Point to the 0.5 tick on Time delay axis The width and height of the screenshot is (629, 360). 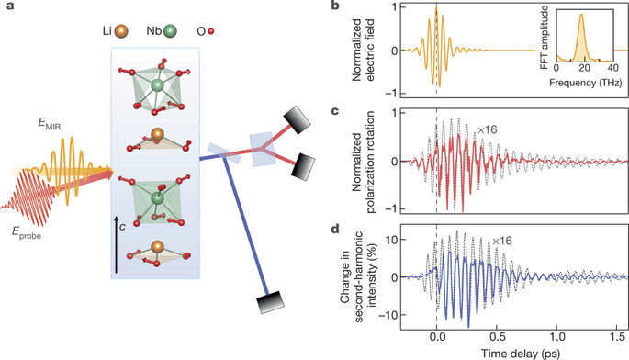pos(495,336)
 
